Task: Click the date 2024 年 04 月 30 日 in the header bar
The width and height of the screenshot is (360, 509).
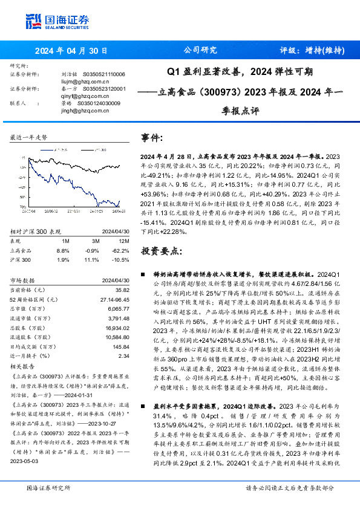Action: tap(71, 51)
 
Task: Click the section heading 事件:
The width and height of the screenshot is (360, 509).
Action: tap(152, 138)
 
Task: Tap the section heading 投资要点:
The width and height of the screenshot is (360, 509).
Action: tap(160, 251)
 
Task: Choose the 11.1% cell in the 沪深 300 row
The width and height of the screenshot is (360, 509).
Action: tap(92, 259)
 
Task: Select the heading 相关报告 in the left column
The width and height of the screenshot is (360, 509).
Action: tap(22, 366)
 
